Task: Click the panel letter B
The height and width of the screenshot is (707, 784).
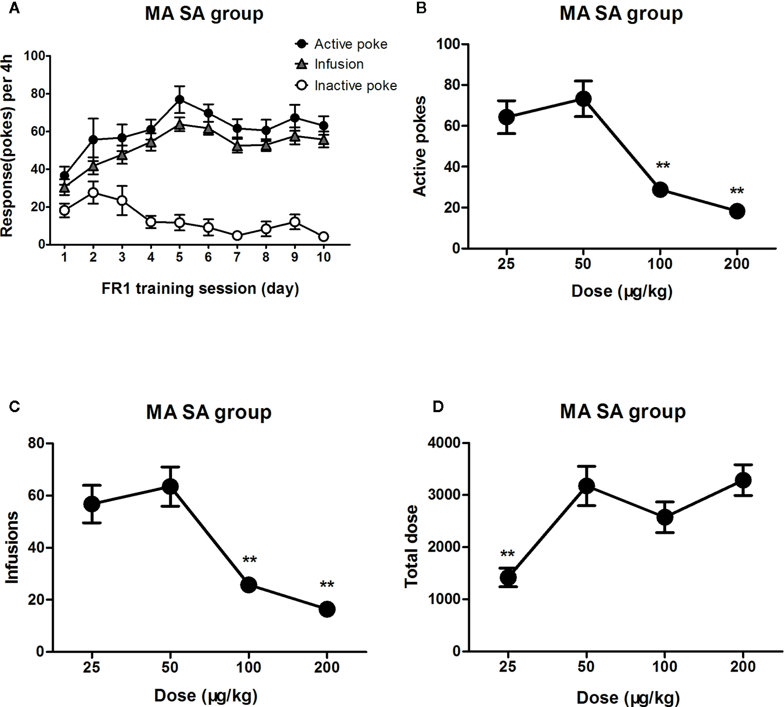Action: pos(421,8)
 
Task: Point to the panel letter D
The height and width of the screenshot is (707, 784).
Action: pos(437,407)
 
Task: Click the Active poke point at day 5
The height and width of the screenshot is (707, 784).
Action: pos(179,100)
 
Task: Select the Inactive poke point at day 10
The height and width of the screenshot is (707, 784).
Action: pos(323,237)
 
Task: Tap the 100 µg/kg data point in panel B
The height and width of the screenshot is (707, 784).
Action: pos(660,190)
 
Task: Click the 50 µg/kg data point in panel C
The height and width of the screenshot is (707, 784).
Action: pos(170,487)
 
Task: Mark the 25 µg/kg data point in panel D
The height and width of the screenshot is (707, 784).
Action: pos(508,578)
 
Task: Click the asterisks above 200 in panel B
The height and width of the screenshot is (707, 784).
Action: pos(737,192)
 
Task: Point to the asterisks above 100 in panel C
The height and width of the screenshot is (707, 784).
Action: pos(249,560)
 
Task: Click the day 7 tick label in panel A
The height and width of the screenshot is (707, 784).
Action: pos(237,257)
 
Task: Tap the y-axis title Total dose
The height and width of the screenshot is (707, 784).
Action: pos(411,547)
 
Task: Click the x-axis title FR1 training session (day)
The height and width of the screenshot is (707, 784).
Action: pos(200,288)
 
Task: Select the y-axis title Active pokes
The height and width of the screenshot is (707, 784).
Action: pos(420,146)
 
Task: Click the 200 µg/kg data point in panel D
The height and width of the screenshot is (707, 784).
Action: pos(743,480)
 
